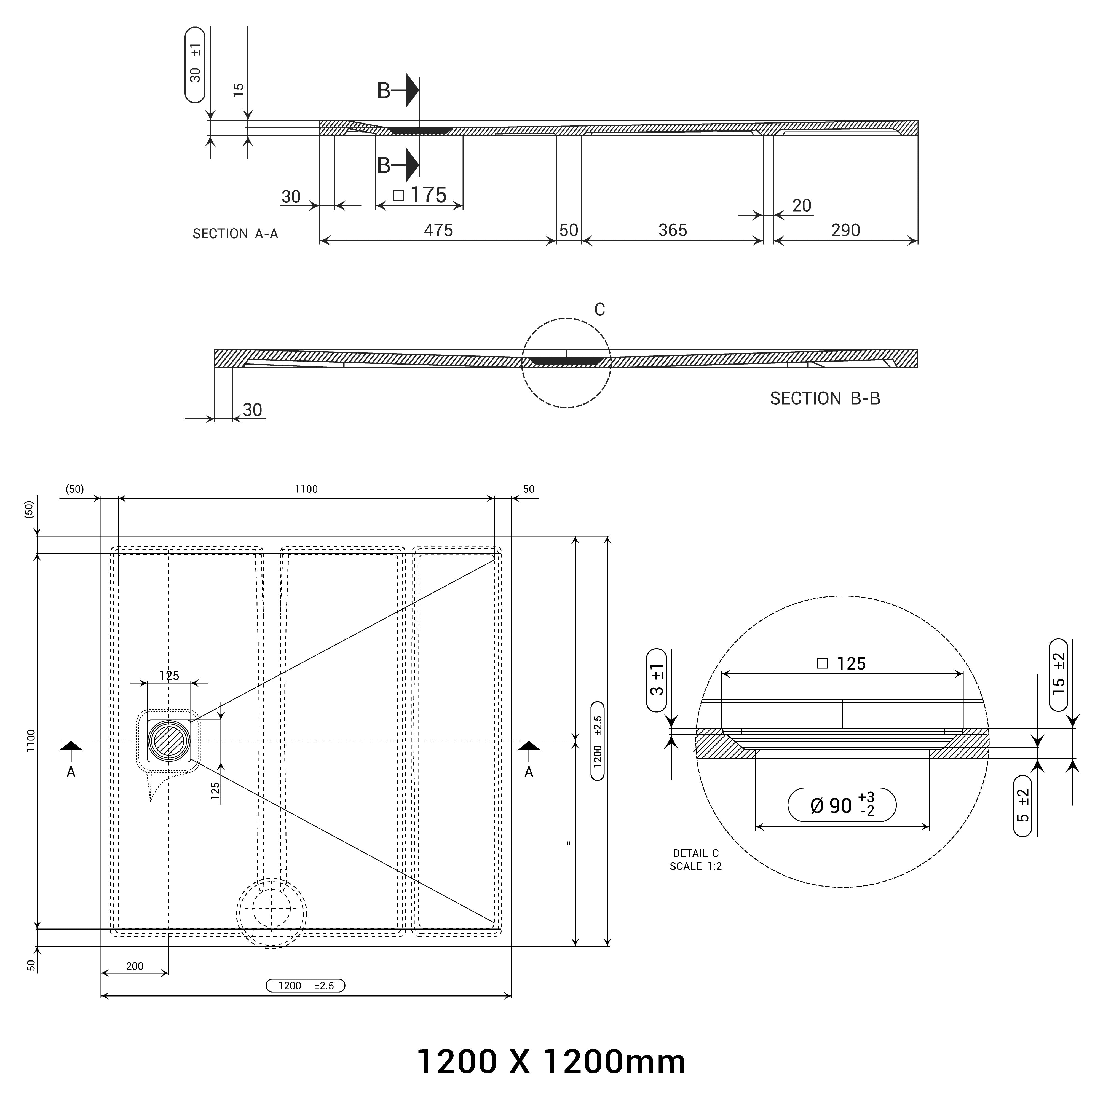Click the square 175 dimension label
(420, 195)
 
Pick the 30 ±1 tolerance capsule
(195, 65)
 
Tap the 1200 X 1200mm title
(551, 1061)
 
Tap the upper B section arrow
(411, 90)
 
